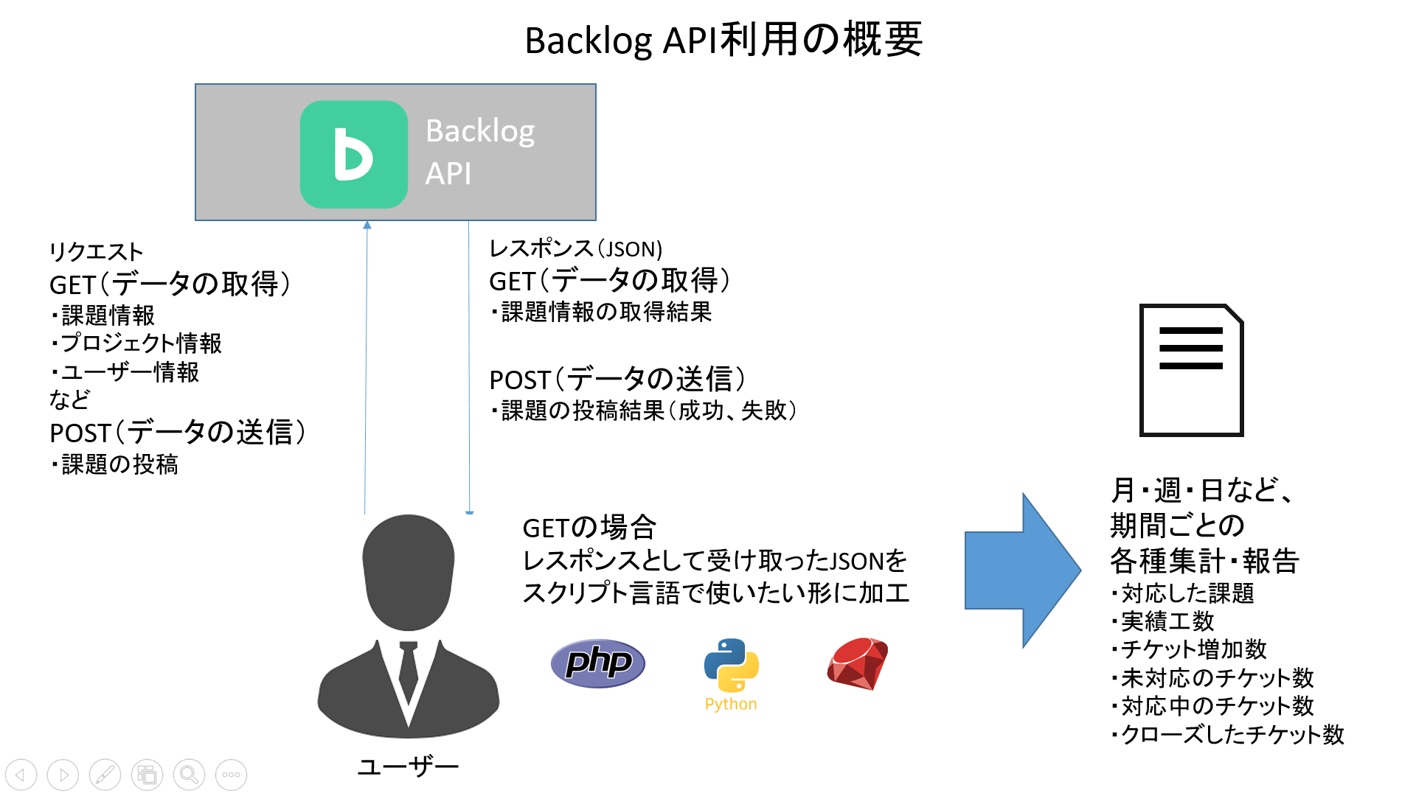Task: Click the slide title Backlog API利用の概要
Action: click(723, 40)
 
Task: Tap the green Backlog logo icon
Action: click(354, 154)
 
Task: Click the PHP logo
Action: click(598, 663)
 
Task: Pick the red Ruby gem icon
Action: click(857, 663)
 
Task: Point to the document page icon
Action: click(1191, 370)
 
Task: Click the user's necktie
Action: click(408, 671)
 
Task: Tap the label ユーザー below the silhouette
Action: click(408, 767)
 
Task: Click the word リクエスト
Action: click(96, 252)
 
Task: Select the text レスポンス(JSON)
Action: click(576, 248)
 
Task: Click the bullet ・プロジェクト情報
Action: click(136, 343)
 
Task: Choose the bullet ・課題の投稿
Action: click(115, 464)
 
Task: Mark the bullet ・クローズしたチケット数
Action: click(1227, 734)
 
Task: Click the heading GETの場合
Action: click(589, 528)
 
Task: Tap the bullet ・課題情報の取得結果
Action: click(601, 312)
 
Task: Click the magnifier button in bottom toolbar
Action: click(189, 775)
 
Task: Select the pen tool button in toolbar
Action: click(105, 775)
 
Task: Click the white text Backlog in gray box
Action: click(480, 131)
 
